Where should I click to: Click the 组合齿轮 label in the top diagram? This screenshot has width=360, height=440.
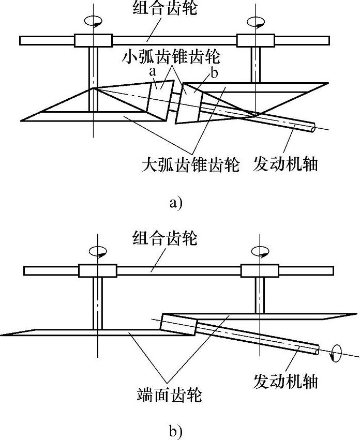(x=165, y=8)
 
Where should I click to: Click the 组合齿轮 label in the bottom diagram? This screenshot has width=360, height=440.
(x=165, y=238)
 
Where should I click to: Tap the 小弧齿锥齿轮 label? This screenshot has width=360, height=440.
(x=172, y=56)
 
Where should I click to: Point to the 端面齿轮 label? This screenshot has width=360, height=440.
(x=170, y=395)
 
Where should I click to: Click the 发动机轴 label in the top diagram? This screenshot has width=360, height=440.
(x=286, y=164)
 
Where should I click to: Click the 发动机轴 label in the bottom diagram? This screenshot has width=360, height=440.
(x=286, y=381)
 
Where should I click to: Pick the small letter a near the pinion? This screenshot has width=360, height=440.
(x=153, y=71)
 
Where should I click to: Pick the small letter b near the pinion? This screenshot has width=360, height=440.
(x=214, y=73)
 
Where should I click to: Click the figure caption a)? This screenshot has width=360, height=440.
(x=176, y=202)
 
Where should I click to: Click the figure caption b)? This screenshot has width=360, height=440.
(x=176, y=431)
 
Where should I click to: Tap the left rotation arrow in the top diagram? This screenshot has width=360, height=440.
(x=93, y=21)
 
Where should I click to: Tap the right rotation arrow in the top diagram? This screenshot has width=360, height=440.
(x=256, y=22)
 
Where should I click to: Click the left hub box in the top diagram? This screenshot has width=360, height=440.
(x=93, y=41)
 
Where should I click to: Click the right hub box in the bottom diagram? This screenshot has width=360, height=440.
(x=260, y=271)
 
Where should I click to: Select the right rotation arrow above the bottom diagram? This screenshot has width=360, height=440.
(x=260, y=251)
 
